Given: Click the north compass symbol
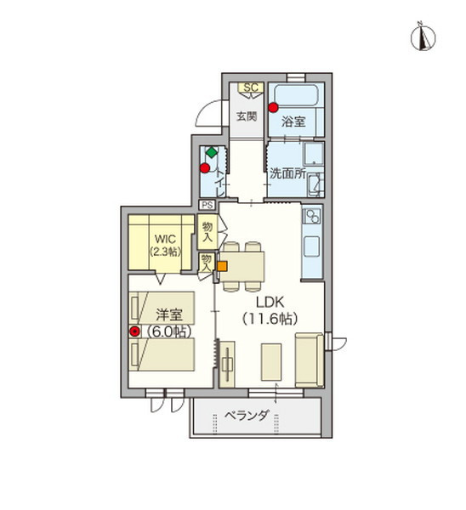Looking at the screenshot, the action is [423, 37].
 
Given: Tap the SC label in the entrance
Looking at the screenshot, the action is [251, 88].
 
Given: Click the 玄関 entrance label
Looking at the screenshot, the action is [247, 116].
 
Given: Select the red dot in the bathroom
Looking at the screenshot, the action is [273, 107].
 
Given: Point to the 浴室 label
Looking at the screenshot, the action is [293, 122].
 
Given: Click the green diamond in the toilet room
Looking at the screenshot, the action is [212, 152].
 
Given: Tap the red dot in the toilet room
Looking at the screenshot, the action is [205, 168].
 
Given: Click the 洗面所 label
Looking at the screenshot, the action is [287, 173].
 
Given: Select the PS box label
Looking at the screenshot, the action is [207, 205].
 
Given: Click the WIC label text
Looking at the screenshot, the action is [165, 239].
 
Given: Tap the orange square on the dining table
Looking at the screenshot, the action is [222, 266].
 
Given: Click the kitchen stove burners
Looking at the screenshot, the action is [312, 217].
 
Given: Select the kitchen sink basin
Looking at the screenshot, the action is [312, 246].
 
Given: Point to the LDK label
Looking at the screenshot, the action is [270, 303].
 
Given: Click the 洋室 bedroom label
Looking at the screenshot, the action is [169, 314].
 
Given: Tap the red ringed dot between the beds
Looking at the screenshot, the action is [134, 331].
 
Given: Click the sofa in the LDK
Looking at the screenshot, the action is [310, 360].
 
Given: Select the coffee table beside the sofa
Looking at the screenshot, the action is [271, 362].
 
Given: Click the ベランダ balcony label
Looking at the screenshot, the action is [247, 416].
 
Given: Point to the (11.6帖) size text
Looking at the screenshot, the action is [270, 319].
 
